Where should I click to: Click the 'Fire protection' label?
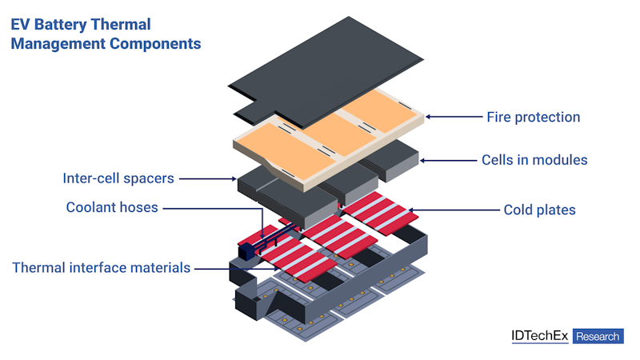pos(533,117)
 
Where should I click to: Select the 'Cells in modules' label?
pos(534,160)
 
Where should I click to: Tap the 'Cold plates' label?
pos(539,210)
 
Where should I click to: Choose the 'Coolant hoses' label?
pos(112,208)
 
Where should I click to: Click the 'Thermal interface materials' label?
pos(102,267)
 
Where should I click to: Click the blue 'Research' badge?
pos(598,336)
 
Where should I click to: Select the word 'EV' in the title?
pos(21,26)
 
